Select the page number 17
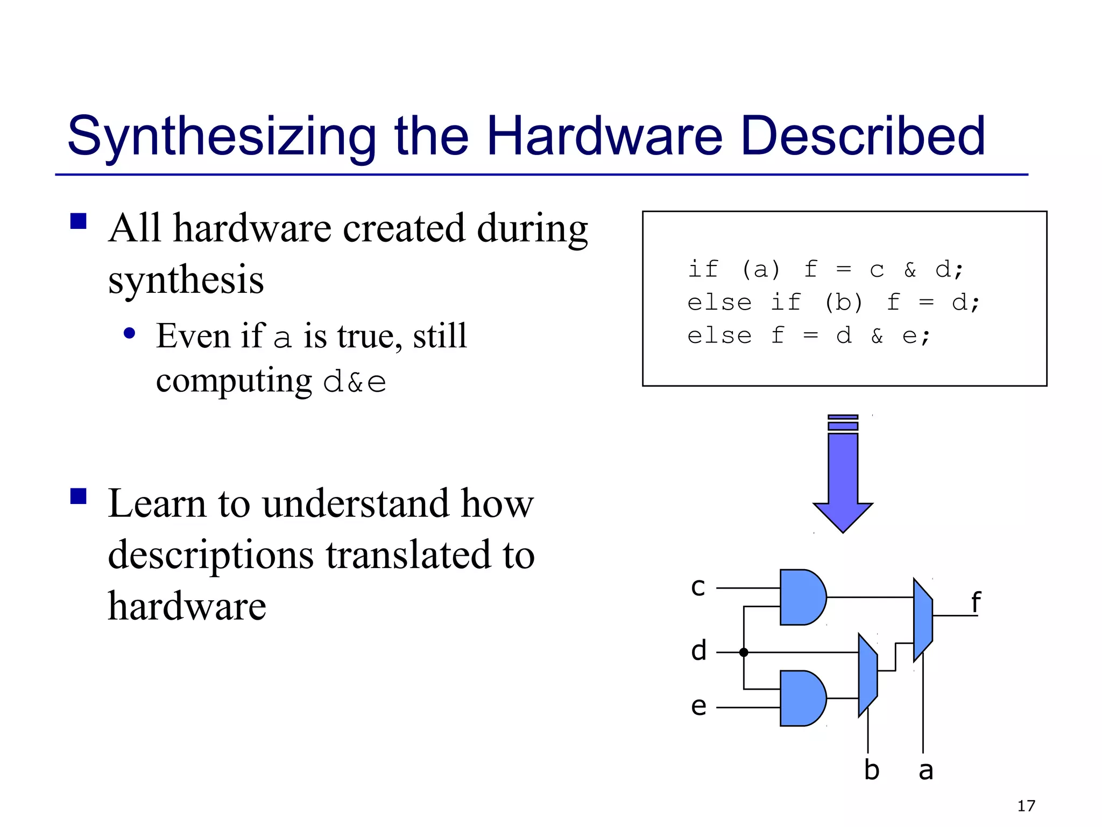pyautogui.click(x=1026, y=805)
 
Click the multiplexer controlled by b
pyautogui.click(x=867, y=675)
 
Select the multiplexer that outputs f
pyautogui.click(x=923, y=620)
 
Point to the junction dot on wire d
pyautogui.click(x=744, y=653)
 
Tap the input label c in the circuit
pyautogui.click(x=698, y=587)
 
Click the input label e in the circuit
pyautogui.click(x=698, y=706)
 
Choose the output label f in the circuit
pyautogui.click(x=976, y=602)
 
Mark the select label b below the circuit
pyautogui.click(x=872, y=770)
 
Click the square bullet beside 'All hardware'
pyautogui.click(x=79, y=221)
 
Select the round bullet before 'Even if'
pyautogui.click(x=129, y=333)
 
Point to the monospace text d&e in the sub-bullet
pyautogui.click(x=355, y=382)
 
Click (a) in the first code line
pyautogui.click(x=760, y=269)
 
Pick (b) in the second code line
pyautogui.click(x=843, y=303)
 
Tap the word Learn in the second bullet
pyautogui.click(x=157, y=504)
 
